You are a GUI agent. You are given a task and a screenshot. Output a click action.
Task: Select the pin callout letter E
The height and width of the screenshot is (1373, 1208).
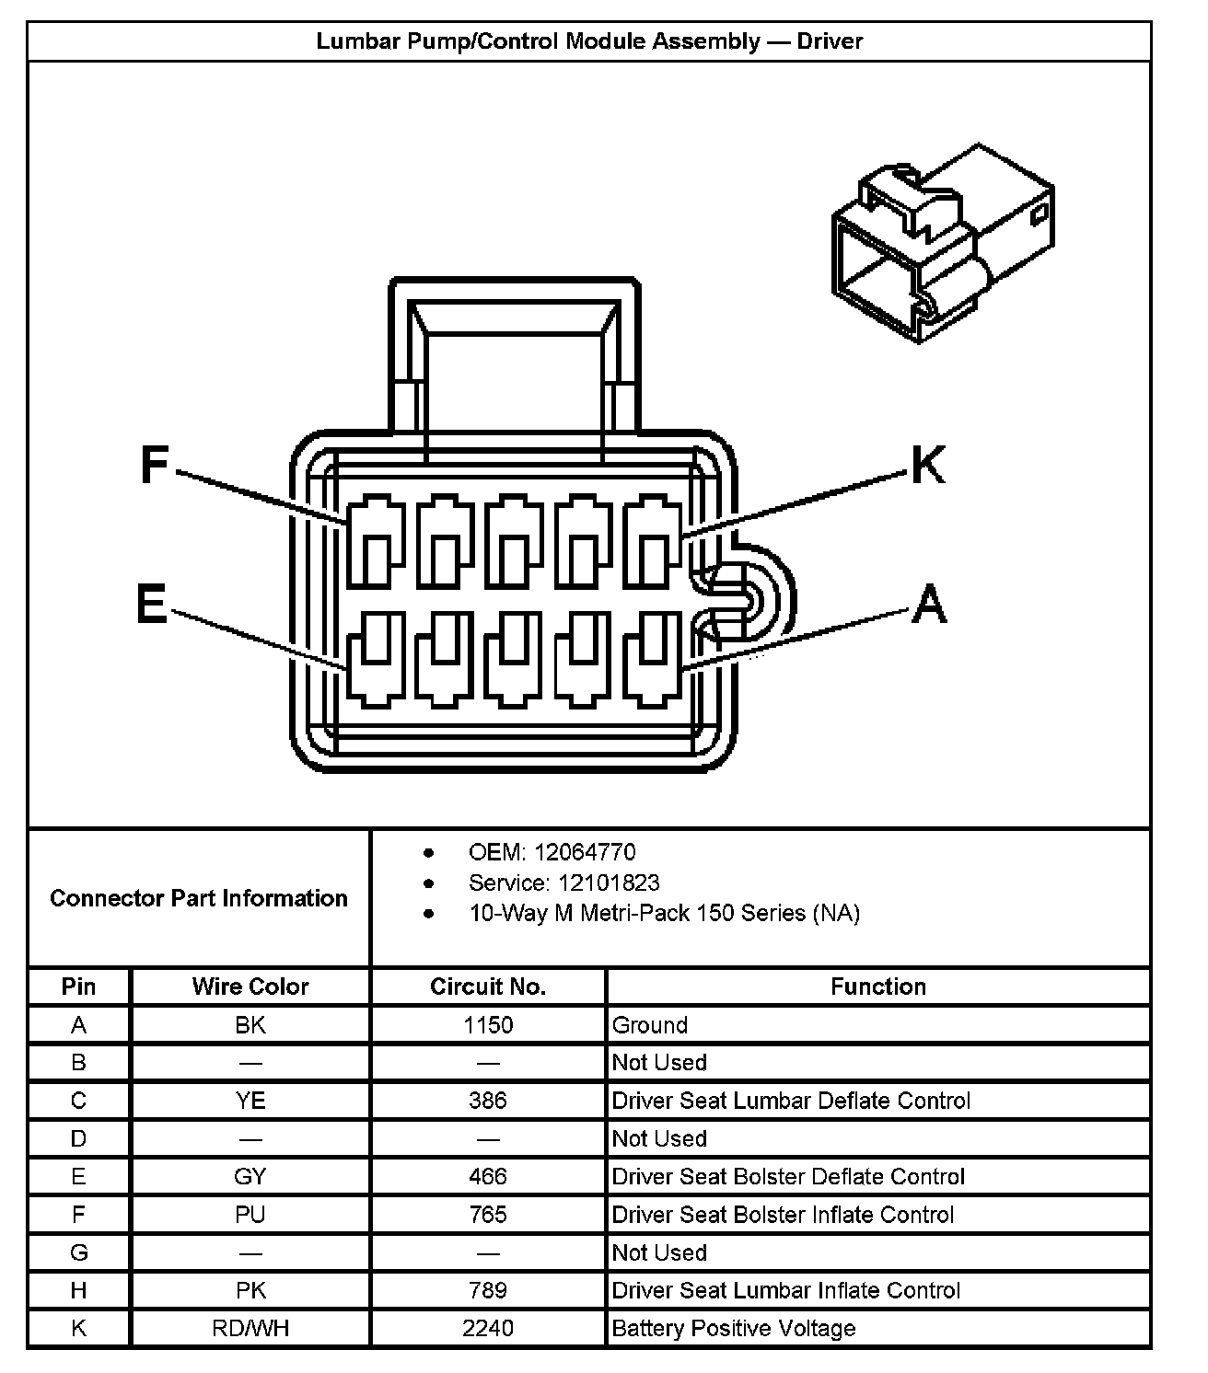point(151,606)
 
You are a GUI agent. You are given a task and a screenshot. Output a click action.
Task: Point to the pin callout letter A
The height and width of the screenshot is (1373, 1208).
point(929,605)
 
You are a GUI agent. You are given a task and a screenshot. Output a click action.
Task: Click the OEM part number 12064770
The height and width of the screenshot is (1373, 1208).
point(585,852)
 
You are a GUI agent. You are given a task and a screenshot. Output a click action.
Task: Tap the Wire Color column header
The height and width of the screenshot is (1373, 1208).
point(250,986)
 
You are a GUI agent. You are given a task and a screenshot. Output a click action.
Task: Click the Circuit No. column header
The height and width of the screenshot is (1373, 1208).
point(488,986)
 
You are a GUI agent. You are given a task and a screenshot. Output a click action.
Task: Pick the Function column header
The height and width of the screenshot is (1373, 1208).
point(877,986)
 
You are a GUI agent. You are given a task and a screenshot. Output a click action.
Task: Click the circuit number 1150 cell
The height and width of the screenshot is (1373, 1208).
point(488,1025)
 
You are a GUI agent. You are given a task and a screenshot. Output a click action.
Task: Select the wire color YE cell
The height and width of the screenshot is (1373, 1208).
point(250,1101)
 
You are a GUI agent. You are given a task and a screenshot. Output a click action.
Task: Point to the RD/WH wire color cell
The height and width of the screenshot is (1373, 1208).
point(250,1328)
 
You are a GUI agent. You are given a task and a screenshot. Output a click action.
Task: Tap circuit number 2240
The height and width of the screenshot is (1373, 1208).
point(488,1328)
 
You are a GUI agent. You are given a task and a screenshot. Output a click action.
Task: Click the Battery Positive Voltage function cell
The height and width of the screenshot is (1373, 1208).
point(734,1328)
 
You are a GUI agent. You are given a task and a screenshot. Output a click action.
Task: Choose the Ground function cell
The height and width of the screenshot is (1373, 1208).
point(650,1025)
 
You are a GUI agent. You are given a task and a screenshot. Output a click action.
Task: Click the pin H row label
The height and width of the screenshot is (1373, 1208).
point(78,1290)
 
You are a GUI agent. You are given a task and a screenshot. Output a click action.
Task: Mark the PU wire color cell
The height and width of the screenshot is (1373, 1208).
point(250,1215)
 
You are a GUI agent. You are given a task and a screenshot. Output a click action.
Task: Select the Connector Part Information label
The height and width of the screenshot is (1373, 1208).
point(199,898)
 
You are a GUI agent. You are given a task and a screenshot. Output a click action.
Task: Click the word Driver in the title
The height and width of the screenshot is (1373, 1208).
point(830,41)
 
